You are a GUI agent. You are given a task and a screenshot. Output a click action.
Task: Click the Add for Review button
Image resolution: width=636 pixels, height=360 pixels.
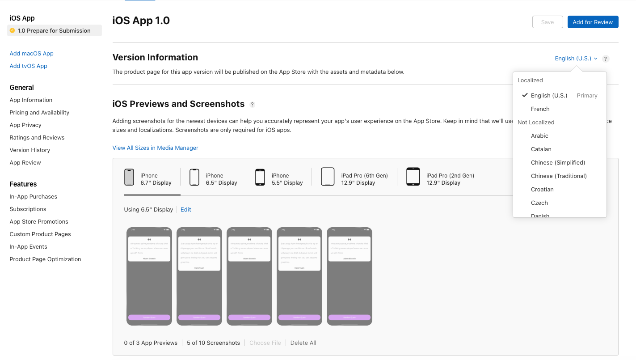pyautogui.click(x=593, y=22)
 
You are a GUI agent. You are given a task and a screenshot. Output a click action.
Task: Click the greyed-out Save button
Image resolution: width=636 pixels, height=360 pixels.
pyautogui.click(x=547, y=22)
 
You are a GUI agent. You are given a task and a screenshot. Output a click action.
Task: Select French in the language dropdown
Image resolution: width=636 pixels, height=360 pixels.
pyautogui.click(x=540, y=109)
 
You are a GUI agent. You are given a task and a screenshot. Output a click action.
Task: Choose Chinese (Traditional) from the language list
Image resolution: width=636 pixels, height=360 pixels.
pyautogui.click(x=559, y=176)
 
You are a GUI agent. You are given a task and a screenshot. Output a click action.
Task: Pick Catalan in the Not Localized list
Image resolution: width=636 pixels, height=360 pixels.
pyautogui.click(x=541, y=149)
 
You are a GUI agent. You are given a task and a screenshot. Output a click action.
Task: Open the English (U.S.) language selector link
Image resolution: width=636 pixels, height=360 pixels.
pyautogui.click(x=576, y=59)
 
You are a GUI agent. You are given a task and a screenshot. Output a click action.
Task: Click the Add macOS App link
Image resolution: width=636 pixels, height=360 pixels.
pyautogui.click(x=31, y=53)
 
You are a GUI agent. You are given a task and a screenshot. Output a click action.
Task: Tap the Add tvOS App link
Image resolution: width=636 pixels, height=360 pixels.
pyautogui.click(x=28, y=66)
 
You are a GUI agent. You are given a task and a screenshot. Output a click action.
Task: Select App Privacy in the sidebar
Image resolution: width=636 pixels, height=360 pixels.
pyautogui.click(x=25, y=125)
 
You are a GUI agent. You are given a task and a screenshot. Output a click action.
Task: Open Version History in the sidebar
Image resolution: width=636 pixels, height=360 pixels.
pyautogui.click(x=30, y=150)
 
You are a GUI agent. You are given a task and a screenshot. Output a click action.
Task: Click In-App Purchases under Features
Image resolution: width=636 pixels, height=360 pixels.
pyautogui.click(x=33, y=196)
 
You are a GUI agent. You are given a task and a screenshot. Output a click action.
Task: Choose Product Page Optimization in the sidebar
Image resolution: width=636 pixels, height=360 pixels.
pyautogui.click(x=45, y=259)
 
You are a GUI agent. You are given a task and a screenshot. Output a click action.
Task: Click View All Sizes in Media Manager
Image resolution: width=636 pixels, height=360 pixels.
pyautogui.click(x=155, y=148)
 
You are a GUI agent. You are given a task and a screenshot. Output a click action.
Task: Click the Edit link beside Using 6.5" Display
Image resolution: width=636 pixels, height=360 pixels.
pyautogui.click(x=185, y=209)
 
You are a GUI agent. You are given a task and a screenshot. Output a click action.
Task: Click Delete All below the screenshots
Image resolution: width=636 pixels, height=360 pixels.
pyautogui.click(x=303, y=343)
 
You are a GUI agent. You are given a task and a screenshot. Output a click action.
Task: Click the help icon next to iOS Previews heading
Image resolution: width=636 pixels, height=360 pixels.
pyautogui.click(x=252, y=105)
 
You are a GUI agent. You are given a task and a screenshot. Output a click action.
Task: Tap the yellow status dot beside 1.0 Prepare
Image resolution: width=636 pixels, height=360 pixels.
pyautogui.click(x=12, y=30)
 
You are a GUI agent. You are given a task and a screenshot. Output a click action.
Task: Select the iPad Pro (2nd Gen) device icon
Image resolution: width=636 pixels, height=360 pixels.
pyautogui.click(x=413, y=177)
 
